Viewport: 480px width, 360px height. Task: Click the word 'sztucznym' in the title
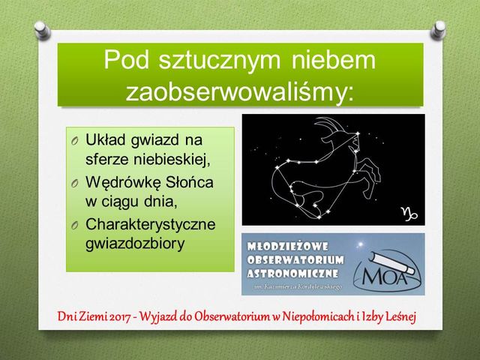[220, 61]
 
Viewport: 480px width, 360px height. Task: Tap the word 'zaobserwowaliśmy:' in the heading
[240, 91]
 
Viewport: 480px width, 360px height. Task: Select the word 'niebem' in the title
[333, 59]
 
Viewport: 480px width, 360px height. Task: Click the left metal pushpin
[42, 30]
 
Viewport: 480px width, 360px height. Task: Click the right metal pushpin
[438, 30]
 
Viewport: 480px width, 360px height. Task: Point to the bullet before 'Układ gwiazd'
[74, 141]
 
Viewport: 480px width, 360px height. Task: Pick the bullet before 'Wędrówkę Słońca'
[74, 183]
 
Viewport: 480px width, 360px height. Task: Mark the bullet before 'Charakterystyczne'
[74, 225]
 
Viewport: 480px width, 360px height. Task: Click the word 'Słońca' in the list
[189, 182]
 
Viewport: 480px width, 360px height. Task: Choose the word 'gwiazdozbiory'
[135, 244]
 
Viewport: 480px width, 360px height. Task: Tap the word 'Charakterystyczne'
[150, 224]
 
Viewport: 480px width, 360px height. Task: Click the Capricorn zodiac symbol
[409, 214]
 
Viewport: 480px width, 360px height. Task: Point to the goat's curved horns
[329, 123]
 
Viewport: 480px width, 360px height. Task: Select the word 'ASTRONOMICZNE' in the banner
[292, 273]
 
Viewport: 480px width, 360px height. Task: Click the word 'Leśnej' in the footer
[401, 316]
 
